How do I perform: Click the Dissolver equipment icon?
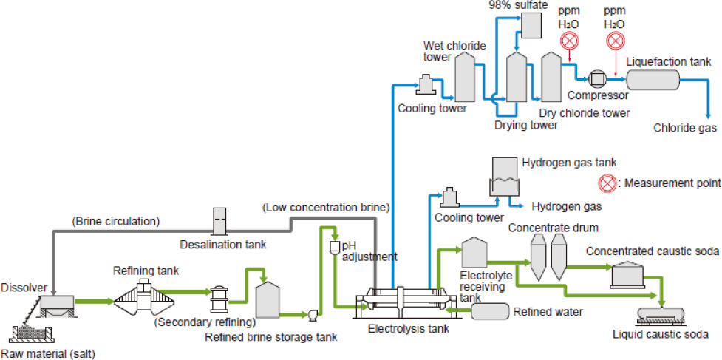coord(55,303)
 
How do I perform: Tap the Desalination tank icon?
coord(220,221)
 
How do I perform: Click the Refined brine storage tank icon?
coord(266,298)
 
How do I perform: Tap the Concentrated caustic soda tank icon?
coord(628,276)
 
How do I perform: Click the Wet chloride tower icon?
coord(466,78)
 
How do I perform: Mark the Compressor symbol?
coord(597,78)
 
